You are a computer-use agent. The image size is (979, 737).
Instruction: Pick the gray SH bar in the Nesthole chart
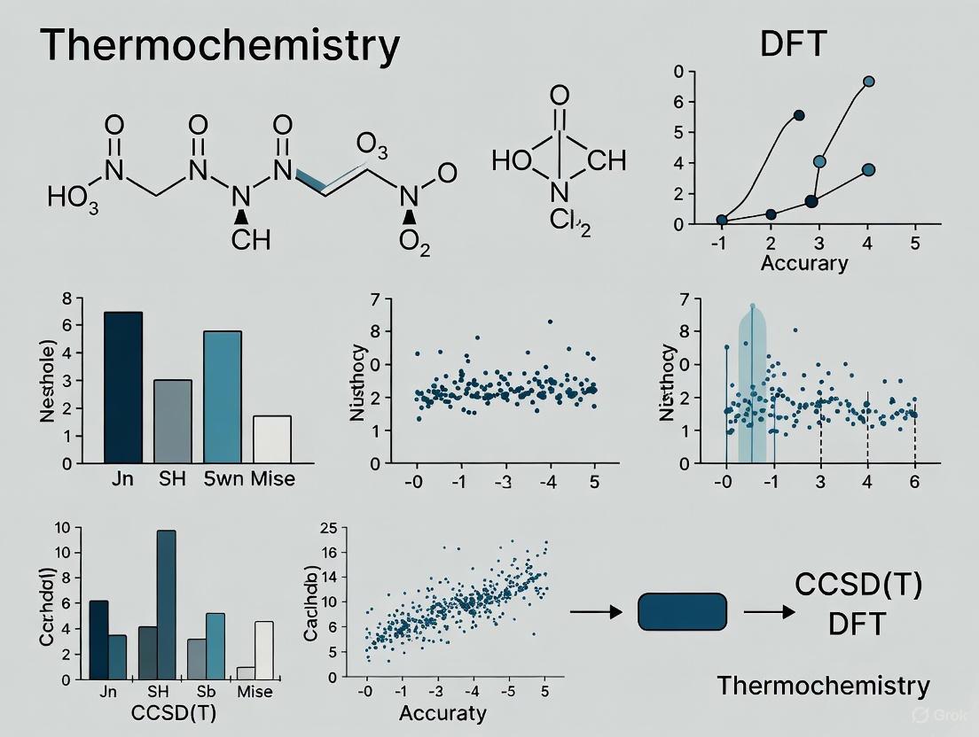[x=172, y=421]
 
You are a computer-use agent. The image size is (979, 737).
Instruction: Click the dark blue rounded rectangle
[x=683, y=611]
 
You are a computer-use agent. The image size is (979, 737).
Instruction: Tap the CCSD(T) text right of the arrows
[x=858, y=586]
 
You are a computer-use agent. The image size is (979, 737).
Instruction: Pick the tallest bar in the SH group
[x=166, y=604]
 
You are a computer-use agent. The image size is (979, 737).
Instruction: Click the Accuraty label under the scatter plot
[x=443, y=713]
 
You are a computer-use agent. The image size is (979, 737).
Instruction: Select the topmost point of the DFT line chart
[x=868, y=81]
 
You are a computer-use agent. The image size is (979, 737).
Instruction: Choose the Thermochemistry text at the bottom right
[x=823, y=685]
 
